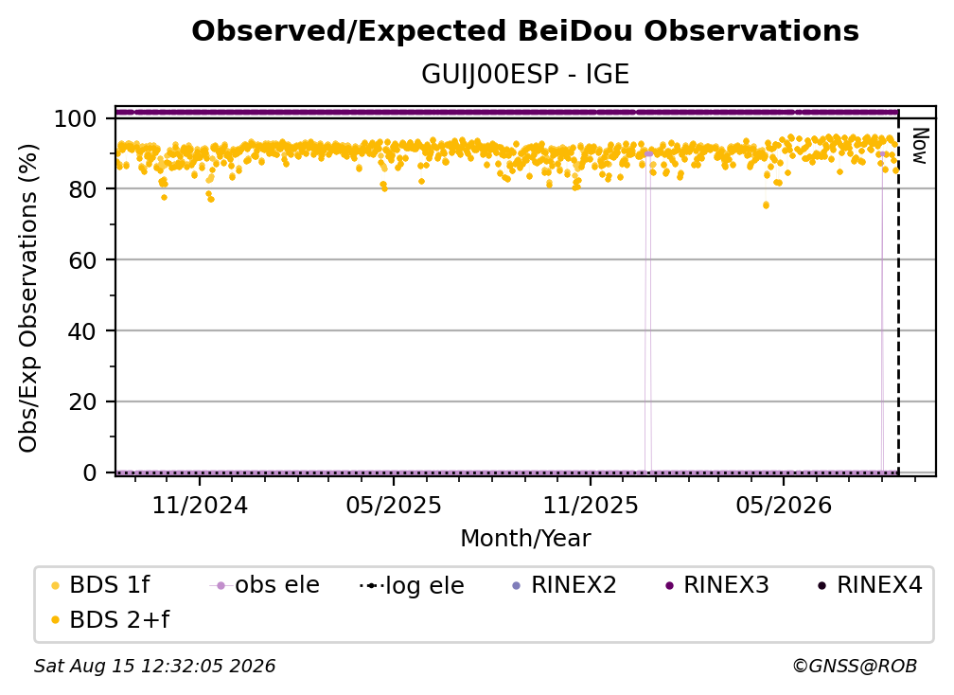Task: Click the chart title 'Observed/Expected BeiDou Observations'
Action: coord(525,31)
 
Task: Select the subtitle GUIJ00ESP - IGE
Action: coord(525,75)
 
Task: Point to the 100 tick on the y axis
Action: coord(76,118)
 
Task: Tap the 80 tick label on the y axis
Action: coord(82,189)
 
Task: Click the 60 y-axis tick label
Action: coord(82,260)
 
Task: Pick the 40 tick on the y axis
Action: coord(82,331)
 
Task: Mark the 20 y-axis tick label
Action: coord(82,402)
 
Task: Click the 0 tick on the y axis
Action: coord(90,472)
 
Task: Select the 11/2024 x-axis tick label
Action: coord(200,506)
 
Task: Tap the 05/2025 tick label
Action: coord(394,506)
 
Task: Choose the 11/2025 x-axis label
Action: coord(591,506)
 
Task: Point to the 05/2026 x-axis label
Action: coord(784,506)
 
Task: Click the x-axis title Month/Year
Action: coord(525,539)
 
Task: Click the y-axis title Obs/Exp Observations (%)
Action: coord(28,298)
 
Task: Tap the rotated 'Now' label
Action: coord(919,146)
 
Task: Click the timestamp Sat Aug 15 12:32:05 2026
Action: coord(154,667)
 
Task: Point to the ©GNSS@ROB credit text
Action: coord(855,667)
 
